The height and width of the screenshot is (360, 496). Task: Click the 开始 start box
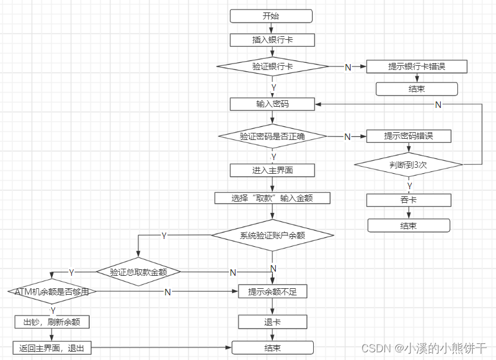(x=272, y=17)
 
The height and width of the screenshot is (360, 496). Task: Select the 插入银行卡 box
(x=272, y=40)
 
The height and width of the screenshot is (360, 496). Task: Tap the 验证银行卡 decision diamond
(x=272, y=66)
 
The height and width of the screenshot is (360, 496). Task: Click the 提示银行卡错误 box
(x=416, y=66)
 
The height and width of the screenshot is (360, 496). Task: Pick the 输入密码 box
(x=272, y=104)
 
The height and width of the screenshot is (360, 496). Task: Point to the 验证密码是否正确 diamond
(x=272, y=136)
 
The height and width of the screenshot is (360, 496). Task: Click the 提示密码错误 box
(x=408, y=136)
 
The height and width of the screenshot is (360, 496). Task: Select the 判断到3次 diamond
(x=408, y=164)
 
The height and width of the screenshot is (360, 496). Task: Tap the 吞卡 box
(x=408, y=200)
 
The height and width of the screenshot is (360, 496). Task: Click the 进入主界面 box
(x=272, y=170)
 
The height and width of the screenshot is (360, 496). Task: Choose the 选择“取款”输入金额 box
(x=272, y=197)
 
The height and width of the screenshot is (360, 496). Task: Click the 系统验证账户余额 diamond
(x=272, y=235)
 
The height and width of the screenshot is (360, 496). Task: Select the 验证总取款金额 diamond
(x=138, y=272)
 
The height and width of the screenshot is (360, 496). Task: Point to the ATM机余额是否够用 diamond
(x=52, y=292)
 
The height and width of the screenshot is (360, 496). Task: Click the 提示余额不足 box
(x=272, y=292)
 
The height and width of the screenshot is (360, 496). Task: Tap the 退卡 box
(x=272, y=322)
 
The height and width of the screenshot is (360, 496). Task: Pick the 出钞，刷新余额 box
(x=52, y=322)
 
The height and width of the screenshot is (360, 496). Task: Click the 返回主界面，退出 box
(x=52, y=348)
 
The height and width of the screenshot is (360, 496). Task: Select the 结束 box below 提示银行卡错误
(x=416, y=89)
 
